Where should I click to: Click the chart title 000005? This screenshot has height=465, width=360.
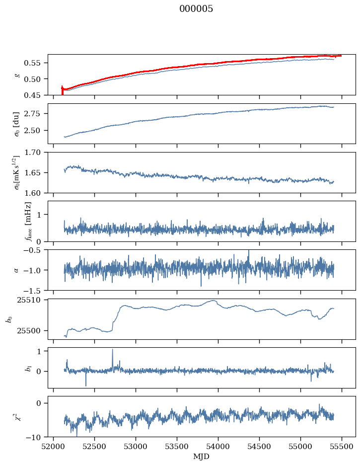coord(196,9)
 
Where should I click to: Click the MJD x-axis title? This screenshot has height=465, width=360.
coord(201,456)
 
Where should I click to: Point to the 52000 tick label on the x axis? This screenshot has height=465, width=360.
coord(54,445)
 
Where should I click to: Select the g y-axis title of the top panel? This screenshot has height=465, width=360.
coord(17,75)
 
